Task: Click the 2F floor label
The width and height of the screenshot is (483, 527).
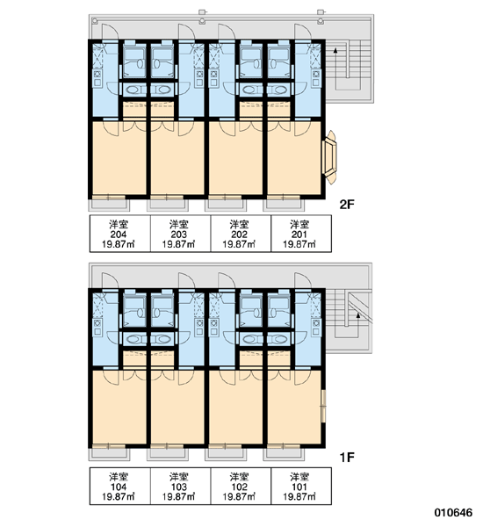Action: click(347, 204)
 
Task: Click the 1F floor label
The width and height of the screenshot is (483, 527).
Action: click(347, 457)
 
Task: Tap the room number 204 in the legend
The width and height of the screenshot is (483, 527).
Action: click(119, 235)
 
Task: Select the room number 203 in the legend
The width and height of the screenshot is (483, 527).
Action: click(179, 235)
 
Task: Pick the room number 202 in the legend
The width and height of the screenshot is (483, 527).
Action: click(240, 235)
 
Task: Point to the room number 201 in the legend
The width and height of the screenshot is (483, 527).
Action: click(299, 235)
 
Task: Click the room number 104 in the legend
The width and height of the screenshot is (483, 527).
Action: click(119, 487)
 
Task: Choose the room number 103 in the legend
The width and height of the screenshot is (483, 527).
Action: click(179, 487)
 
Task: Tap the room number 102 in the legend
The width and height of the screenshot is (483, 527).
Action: click(240, 487)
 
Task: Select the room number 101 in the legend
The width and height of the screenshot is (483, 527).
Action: click(299, 487)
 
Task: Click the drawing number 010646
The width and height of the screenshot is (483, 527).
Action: click(453, 512)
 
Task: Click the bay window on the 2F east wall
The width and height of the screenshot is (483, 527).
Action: click(329, 157)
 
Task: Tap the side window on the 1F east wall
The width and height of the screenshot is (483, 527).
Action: click(323, 406)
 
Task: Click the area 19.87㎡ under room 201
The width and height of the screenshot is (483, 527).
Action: click(299, 244)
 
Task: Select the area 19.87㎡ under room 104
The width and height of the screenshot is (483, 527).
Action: click(119, 497)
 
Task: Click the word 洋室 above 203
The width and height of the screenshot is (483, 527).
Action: click(179, 224)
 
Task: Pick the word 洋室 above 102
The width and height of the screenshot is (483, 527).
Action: click(240, 477)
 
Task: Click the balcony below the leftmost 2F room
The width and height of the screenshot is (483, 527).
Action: click(109, 205)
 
